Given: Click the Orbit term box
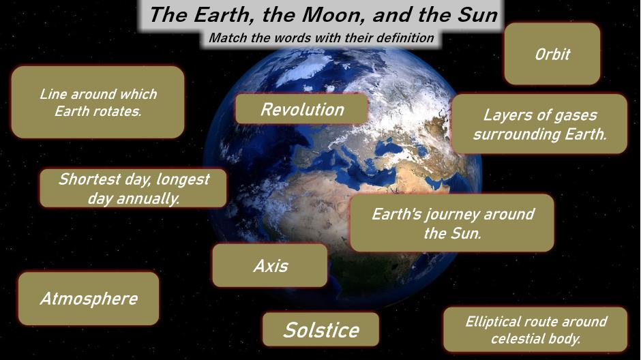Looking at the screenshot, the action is coord(552,54).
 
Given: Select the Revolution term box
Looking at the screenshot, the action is coord(301,108).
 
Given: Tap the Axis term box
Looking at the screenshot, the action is coord(270,266).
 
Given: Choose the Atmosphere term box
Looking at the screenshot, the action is coord(89,299).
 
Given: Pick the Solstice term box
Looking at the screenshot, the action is coord(321,329).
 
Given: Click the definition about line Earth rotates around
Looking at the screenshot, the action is coord(98,102).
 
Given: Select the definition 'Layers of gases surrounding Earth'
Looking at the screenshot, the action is coord(539,124).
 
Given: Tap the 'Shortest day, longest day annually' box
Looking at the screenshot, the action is coord(133,188).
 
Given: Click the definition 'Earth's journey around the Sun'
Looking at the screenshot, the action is coord(452,223).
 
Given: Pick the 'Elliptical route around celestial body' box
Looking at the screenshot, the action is coord(535,329).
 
